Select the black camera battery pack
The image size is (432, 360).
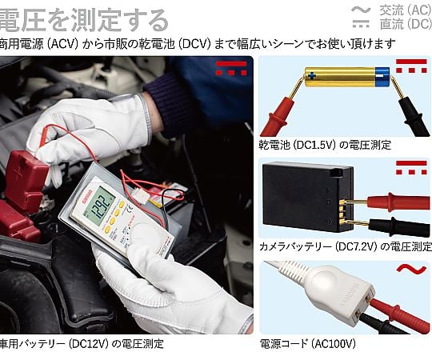coord(308,197)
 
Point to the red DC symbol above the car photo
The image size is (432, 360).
coord(231,68)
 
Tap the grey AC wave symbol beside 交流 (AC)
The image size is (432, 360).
coord(361,10)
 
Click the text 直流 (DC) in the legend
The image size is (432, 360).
coord(406,24)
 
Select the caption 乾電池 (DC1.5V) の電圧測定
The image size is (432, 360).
coord(325,145)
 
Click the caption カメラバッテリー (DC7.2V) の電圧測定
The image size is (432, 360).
coord(346,246)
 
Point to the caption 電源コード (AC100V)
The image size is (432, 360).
coord(308,343)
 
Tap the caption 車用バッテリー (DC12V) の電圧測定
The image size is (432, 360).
coord(82,343)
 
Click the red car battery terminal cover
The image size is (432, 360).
coord(26,181)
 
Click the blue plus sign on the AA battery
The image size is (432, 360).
coord(312,75)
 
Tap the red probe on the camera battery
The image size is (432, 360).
coord(386,202)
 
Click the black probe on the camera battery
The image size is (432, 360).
coord(386,226)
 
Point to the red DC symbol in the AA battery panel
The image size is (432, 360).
coord(411,66)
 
